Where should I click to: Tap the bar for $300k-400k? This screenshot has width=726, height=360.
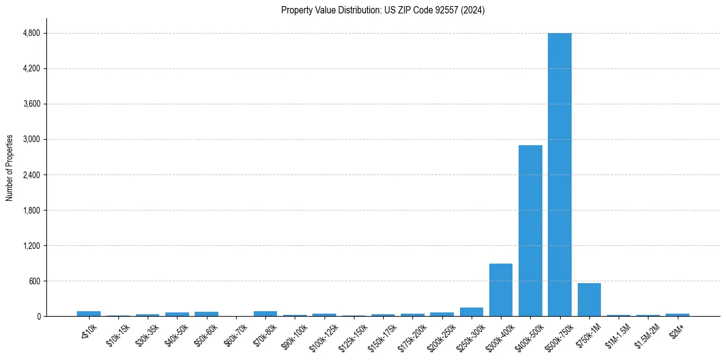[x=501, y=290]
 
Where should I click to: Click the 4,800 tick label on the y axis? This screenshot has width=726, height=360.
[x=31, y=33]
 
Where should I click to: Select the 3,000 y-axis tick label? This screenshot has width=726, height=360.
[x=31, y=139]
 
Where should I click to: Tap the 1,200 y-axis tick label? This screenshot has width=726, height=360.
[x=31, y=246]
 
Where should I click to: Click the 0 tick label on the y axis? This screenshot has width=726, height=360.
[x=38, y=317]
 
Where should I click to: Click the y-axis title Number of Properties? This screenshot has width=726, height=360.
[x=10, y=168]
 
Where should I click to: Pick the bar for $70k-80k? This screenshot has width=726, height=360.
[x=265, y=314]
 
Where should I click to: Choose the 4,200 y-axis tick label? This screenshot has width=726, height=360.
[x=31, y=68]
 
